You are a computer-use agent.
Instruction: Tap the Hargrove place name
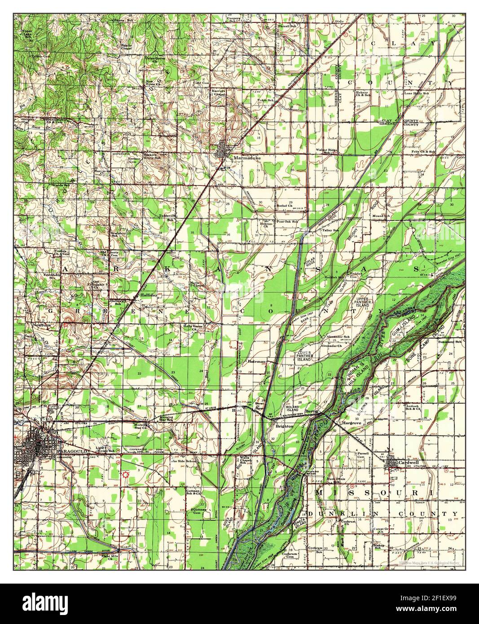point(352,423)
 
